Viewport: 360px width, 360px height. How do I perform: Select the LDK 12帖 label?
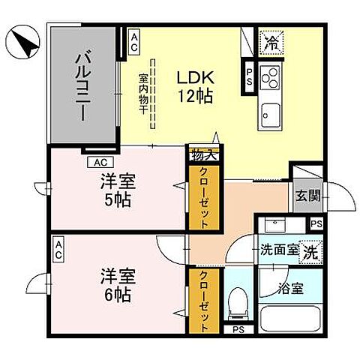pyautogui.click(x=196, y=86)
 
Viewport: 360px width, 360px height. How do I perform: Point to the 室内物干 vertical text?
pyautogui.click(x=142, y=93)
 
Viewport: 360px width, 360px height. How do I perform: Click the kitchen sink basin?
pyautogui.click(x=270, y=113)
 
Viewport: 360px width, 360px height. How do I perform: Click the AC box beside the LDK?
pyautogui.click(x=133, y=42)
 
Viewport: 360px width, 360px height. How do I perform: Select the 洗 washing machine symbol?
pyautogui.click(x=309, y=253)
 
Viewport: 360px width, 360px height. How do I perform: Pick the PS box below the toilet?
pyautogui.click(x=238, y=329)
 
